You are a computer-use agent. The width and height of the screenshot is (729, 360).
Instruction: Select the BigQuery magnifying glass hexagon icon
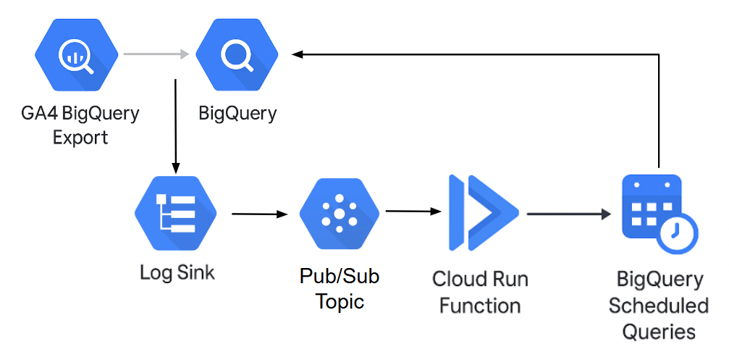[x=237, y=54]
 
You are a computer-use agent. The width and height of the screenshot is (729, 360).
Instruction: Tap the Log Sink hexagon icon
[x=177, y=213]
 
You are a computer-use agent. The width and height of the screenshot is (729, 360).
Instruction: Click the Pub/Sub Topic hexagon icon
[x=339, y=213]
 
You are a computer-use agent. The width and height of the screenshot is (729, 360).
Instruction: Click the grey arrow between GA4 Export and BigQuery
[x=156, y=54]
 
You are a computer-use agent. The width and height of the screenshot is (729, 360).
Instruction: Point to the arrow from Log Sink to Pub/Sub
[x=259, y=214]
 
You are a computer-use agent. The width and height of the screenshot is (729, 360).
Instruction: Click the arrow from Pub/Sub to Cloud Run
[x=413, y=212]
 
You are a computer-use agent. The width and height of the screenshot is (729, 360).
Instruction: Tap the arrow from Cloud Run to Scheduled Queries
[x=568, y=214]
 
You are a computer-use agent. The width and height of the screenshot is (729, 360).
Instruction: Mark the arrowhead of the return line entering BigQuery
[x=299, y=54]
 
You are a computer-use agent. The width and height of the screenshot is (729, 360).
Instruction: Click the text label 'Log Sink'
[x=177, y=274]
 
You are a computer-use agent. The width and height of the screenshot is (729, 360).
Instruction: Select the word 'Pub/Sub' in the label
[x=339, y=276]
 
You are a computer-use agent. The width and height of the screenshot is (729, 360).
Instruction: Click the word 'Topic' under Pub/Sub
[x=340, y=301]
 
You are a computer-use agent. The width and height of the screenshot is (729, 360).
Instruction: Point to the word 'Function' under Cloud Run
[x=480, y=305]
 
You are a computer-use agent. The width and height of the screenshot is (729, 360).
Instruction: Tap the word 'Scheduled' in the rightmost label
[x=658, y=305]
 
